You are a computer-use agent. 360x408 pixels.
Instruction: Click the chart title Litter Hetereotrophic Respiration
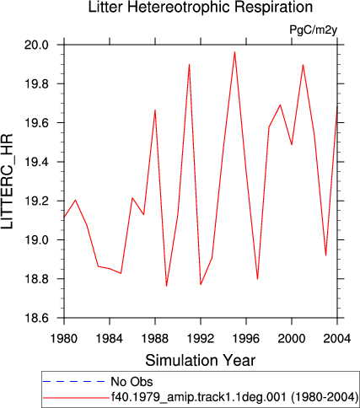point(201,7)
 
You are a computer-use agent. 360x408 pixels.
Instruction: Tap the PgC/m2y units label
point(313,30)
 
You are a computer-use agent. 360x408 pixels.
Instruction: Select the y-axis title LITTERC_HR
point(7,181)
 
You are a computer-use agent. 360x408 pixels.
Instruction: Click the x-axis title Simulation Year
point(201,360)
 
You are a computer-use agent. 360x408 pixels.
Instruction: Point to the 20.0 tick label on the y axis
point(36,45)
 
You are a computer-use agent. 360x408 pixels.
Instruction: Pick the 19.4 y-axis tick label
point(36,162)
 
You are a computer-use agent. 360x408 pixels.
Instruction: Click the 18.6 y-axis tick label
point(36,318)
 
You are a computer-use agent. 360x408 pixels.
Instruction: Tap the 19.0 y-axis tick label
point(36,240)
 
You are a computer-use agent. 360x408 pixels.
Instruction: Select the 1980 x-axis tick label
point(64,339)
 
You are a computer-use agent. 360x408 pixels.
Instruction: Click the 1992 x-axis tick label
point(201,339)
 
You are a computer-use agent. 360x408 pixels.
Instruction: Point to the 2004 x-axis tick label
point(337,339)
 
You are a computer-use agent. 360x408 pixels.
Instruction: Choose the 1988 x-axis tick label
point(155,339)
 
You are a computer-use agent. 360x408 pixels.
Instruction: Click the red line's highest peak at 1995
point(234,52)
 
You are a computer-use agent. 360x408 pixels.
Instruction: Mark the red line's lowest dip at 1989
point(166,286)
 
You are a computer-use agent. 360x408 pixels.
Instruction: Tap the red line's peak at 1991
point(190,64)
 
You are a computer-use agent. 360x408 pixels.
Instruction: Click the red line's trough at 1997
point(257,279)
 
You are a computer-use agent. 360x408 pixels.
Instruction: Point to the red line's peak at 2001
point(303,65)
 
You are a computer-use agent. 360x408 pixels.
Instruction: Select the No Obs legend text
point(132,382)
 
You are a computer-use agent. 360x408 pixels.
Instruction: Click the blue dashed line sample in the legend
point(74,381)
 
